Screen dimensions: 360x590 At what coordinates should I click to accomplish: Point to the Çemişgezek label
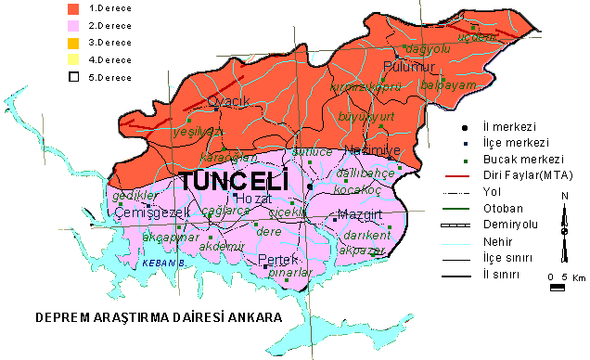[x=152, y=212]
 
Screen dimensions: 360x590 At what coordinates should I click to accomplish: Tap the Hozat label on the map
[x=252, y=199]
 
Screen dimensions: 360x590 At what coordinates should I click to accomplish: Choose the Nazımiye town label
[x=369, y=150]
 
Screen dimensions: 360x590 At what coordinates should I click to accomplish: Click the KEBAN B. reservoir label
[x=163, y=264]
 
